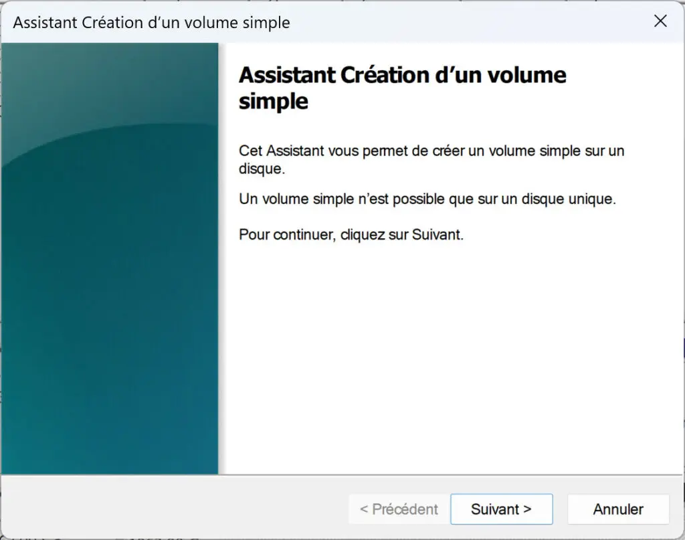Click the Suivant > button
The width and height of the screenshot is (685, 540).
[x=502, y=509]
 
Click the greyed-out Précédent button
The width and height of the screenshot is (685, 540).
[x=399, y=509]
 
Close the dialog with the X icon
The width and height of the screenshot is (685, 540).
[x=660, y=21]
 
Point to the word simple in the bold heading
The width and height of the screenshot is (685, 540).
[x=274, y=101]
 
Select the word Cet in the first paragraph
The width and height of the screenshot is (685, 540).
[x=251, y=151]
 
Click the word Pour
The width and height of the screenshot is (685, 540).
[x=254, y=235]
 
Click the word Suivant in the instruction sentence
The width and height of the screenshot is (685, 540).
[x=437, y=235]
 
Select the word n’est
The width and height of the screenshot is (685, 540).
[x=373, y=199]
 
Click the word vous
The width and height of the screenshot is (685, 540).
[x=343, y=151]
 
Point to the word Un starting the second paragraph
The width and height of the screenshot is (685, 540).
[x=249, y=199]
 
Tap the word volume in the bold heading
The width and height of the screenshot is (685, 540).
[x=527, y=75]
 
